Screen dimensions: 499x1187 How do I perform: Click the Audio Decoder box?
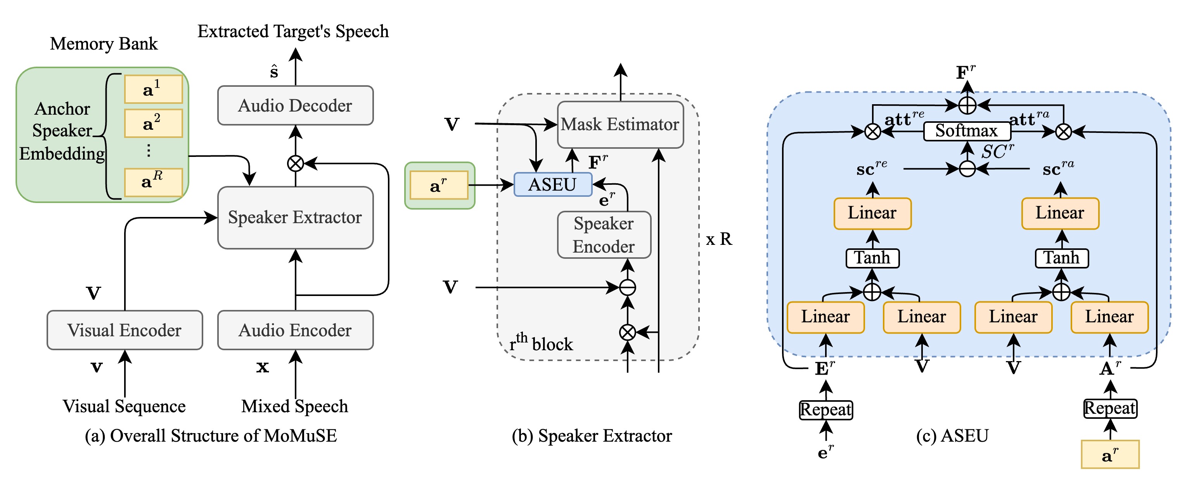coord(295,105)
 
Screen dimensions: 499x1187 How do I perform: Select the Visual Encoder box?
coord(125,330)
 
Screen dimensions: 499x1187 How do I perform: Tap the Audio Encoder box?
coord(295,330)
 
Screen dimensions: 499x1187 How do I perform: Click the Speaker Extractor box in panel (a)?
coord(295,217)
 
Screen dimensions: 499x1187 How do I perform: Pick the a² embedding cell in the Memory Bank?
coord(153,123)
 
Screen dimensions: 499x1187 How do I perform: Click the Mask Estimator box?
coord(620,124)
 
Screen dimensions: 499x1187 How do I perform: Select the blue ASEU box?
coord(552,184)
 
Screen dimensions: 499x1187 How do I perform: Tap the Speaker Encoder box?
coord(604,235)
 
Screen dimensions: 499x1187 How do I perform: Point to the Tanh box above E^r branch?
coord(872,258)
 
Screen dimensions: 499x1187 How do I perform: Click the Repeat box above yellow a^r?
coord(1109,408)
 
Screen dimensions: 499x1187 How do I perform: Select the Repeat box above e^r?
coord(826,410)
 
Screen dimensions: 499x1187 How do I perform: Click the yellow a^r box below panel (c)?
coord(1109,454)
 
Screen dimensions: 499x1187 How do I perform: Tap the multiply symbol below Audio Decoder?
coord(295,163)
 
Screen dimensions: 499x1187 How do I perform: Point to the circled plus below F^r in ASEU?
coord(967,105)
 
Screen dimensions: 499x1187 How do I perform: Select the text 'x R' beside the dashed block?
coord(719,239)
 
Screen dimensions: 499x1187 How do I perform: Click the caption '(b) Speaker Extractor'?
coord(592,436)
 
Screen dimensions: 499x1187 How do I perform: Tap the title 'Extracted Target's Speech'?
coord(293,31)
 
